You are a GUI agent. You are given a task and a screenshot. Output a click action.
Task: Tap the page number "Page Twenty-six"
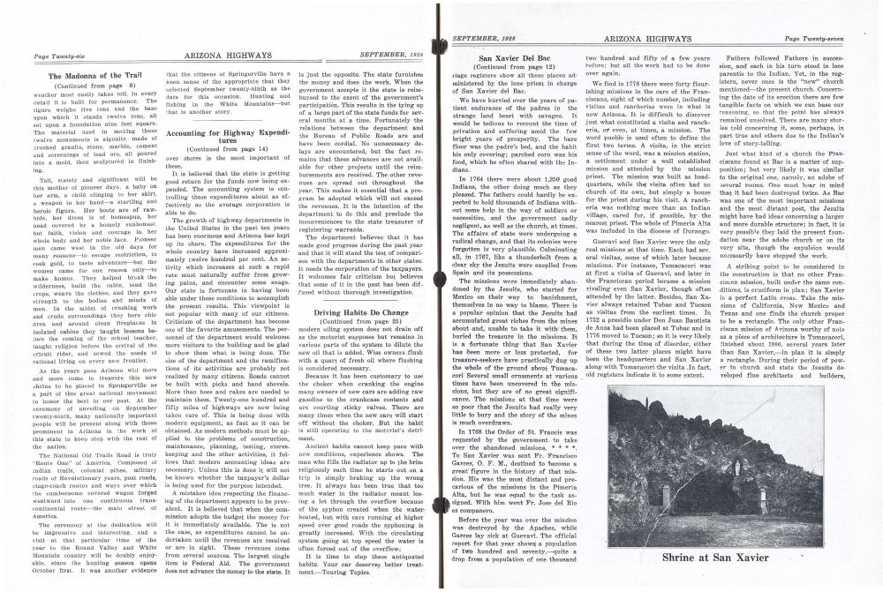[55, 56]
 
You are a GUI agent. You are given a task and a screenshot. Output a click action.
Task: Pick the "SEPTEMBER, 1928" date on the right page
[487, 39]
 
